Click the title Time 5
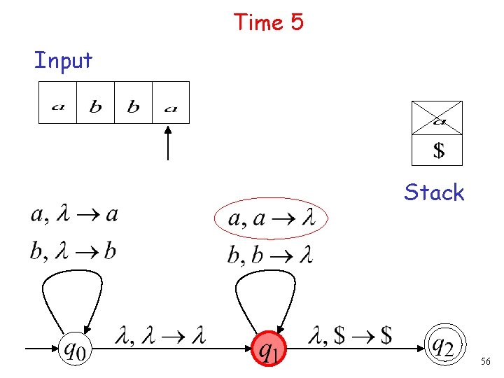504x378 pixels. click(x=269, y=22)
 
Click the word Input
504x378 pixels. click(x=63, y=60)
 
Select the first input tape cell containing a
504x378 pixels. click(x=57, y=103)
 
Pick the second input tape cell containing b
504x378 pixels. click(x=95, y=103)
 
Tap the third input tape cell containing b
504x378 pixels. click(x=133, y=103)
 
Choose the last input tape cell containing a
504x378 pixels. click(x=171, y=103)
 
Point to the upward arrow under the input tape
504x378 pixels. click(x=168, y=143)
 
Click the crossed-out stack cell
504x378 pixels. click(x=437, y=118)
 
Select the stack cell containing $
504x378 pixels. click(x=437, y=150)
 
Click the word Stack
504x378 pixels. click(x=434, y=192)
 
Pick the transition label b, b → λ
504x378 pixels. click(x=269, y=255)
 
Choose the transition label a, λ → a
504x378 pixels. click(x=74, y=214)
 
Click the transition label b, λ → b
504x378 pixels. click(x=73, y=251)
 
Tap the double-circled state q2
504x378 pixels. click(x=442, y=346)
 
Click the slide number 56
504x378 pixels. click(x=486, y=361)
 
